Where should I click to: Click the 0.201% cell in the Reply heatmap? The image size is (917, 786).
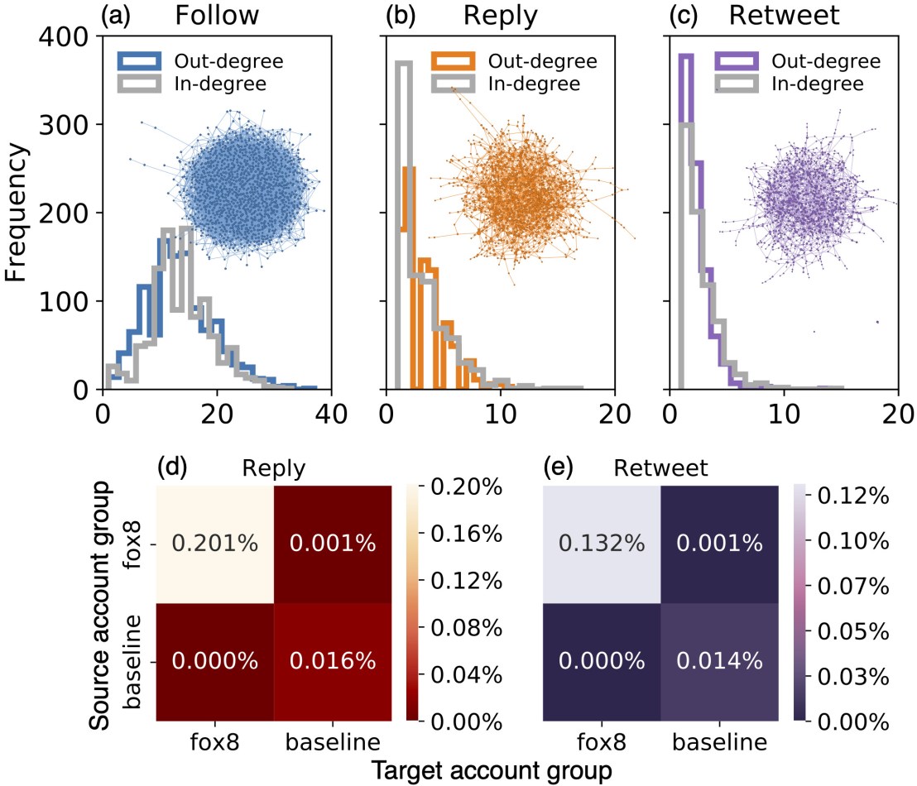[x=214, y=542]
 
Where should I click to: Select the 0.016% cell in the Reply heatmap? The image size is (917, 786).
[x=333, y=659]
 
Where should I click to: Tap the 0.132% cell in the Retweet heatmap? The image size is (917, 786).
[x=602, y=542]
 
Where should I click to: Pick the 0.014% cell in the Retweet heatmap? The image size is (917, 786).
[x=720, y=659]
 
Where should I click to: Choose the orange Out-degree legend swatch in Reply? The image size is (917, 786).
[x=452, y=61]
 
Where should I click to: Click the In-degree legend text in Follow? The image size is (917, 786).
[x=212, y=84]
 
